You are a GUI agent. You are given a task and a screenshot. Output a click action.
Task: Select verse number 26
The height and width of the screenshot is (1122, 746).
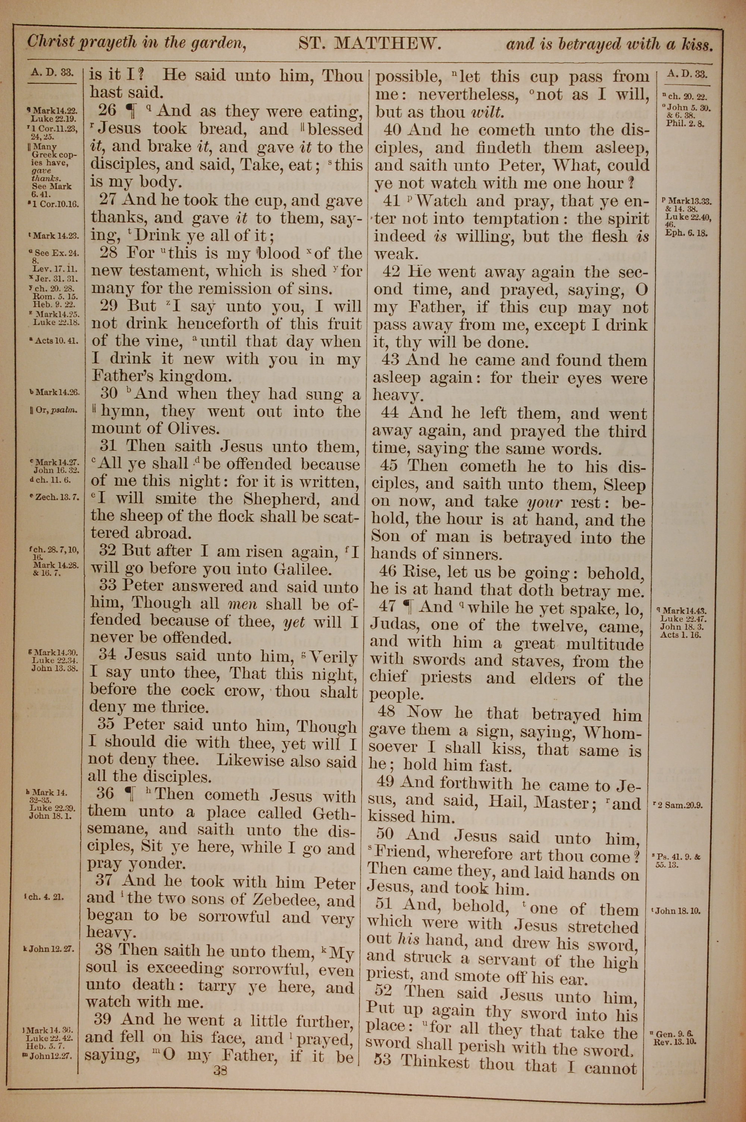pyautogui.click(x=107, y=110)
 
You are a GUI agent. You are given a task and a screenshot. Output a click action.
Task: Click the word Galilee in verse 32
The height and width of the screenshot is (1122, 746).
pyautogui.click(x=301, y=569)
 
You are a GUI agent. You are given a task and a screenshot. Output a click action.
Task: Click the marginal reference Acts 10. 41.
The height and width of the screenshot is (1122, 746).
pyautogui.click(x=57, y=341)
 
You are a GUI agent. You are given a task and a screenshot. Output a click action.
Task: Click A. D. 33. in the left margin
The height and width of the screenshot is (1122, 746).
pyautogui.click(x=52, y=73)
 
